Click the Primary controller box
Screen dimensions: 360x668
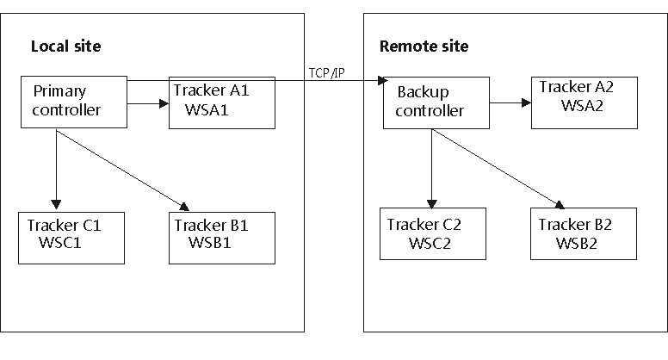point(73,102)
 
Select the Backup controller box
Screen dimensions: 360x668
point(436,103)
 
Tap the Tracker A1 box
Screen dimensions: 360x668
point(222,102)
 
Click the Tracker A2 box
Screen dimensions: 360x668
point(585,102)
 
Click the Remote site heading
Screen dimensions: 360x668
point(424,46)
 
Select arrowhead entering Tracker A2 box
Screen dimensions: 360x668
point(525,102)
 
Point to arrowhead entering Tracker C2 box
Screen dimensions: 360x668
point(430,203)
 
